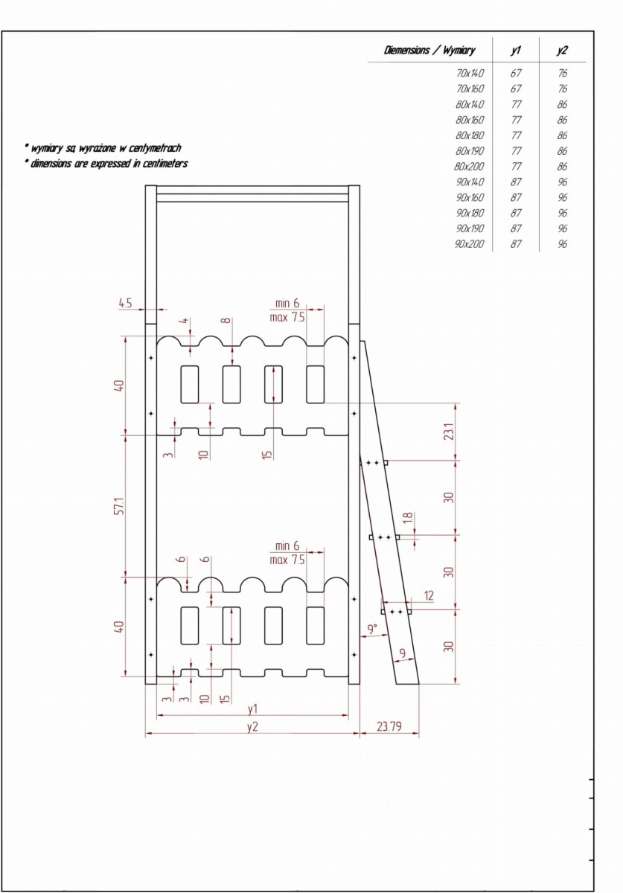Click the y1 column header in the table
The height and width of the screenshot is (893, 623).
click(516, 51)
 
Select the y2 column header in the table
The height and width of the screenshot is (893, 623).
click(563, 51)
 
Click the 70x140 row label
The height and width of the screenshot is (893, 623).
click(470, 73)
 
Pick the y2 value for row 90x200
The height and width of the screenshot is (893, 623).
click(563, 243)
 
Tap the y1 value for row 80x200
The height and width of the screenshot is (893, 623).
click(516, 166)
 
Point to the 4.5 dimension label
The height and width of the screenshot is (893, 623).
click(125, 303)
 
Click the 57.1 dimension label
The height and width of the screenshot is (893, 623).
click(120, 506)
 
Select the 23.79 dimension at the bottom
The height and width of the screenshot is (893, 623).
click(389, 726)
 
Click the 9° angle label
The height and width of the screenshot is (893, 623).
click(371, 630)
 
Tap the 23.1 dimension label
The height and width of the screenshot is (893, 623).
click(449, 432)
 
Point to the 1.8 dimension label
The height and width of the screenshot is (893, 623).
click(408, 518)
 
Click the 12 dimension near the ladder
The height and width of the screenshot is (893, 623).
click(429, 595)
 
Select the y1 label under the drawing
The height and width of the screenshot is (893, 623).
click(252, 708)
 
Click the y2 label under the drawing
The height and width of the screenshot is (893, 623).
click(252, 726)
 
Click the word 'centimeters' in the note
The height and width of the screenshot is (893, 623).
click(165, 164)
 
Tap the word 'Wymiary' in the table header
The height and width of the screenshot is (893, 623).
click(459, 51)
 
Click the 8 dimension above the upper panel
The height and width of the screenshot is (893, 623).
click(226, 320)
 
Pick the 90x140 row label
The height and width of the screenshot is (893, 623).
click(470, 182)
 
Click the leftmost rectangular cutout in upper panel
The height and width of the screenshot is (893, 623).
click(190, 384)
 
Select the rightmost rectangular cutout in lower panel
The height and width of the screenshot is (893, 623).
click(315, 626)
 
